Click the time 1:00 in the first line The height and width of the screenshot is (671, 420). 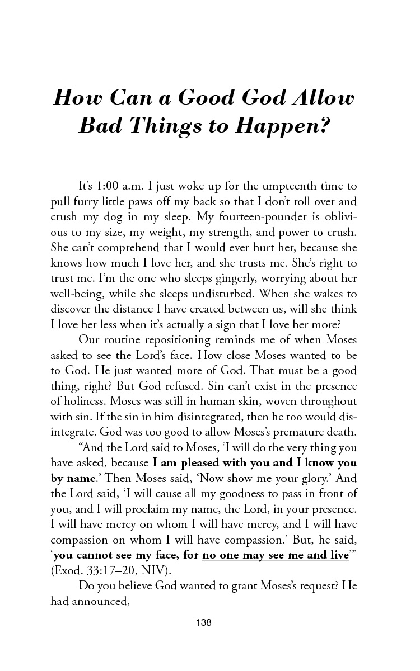(x=114, y=186)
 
